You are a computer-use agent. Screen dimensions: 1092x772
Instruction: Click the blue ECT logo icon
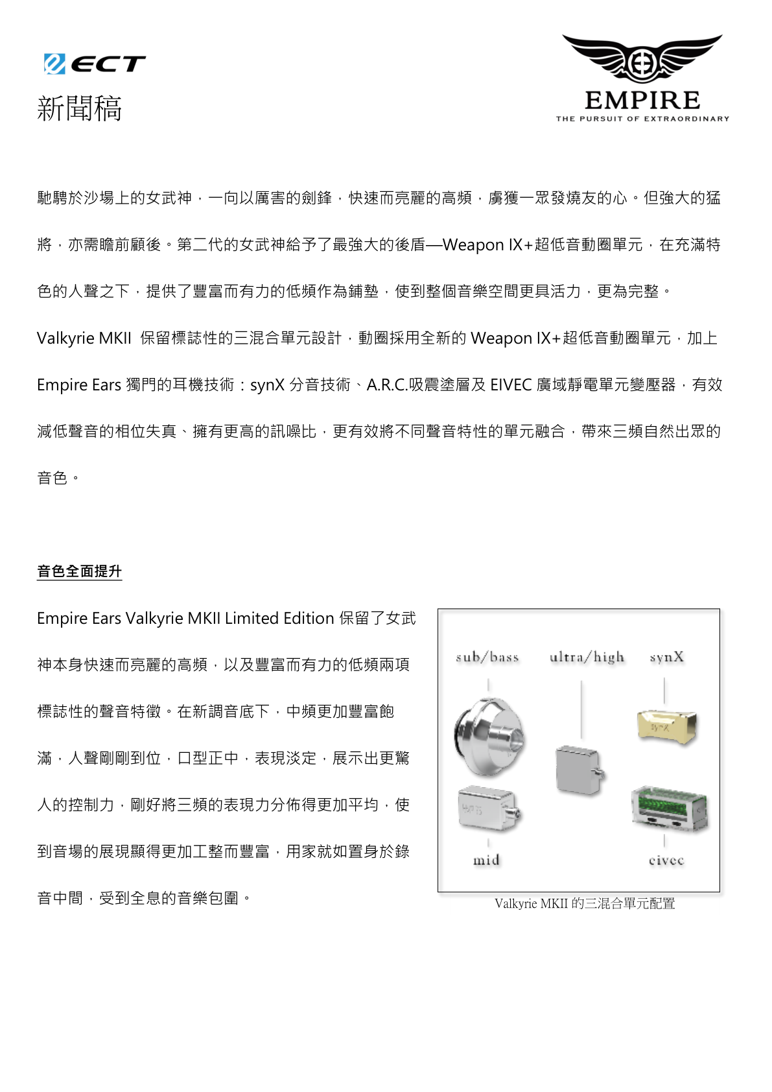[x=54, y=64]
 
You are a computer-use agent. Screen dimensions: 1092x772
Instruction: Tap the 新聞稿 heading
[x=79, y=108]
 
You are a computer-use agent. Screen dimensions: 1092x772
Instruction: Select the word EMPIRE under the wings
[x=642, y=101]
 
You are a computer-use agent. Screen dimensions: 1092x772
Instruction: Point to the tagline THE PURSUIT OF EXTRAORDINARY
[x=642, y=119]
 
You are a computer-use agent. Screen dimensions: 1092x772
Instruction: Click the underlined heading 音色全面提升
[x=79, y=571]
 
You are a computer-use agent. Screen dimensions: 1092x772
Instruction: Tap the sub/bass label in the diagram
[x=487, y=658]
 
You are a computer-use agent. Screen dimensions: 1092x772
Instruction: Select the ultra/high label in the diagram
[x=587, y=658]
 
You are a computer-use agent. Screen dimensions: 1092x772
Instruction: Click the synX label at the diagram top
[x=666, y=658]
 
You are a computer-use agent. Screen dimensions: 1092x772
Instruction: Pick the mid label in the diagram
[x=486, y=861]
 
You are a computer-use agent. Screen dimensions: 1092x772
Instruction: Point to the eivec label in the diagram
[x=666, y=861]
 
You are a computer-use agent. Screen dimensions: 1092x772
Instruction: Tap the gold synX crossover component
[x=666, y=726]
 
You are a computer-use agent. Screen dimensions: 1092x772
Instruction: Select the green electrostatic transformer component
[x=670, y=807]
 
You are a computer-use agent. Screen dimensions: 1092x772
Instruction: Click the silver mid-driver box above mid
[x=488, y=809]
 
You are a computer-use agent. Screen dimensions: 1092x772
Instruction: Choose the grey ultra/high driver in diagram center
[x=579, y=770]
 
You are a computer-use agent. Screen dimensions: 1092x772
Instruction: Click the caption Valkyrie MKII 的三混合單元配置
[x=585, y=903]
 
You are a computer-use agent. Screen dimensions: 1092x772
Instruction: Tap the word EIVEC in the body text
[x=511, y=385]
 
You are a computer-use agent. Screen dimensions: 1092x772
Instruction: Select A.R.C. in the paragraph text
[x=387, y=385]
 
